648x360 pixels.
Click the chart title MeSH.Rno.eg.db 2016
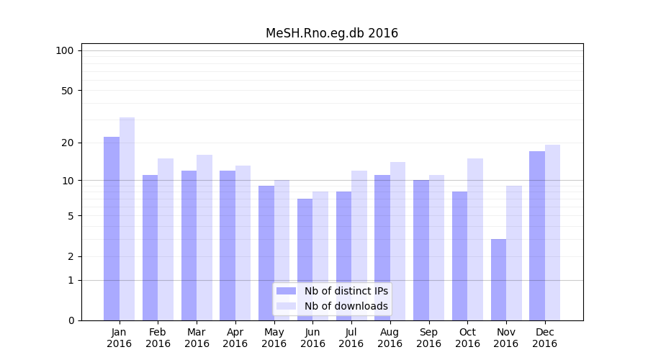331,33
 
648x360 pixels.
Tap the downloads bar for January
127,219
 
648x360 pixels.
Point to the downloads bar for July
359,246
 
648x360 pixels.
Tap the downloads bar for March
204,238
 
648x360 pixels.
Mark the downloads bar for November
514,253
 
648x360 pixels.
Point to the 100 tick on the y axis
65,50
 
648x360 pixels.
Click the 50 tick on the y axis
68,91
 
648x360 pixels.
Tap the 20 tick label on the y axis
68,143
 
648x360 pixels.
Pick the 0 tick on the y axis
71,320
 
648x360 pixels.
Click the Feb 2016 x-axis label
158,338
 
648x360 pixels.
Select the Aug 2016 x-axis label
390,338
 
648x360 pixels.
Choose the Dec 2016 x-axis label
544,338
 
